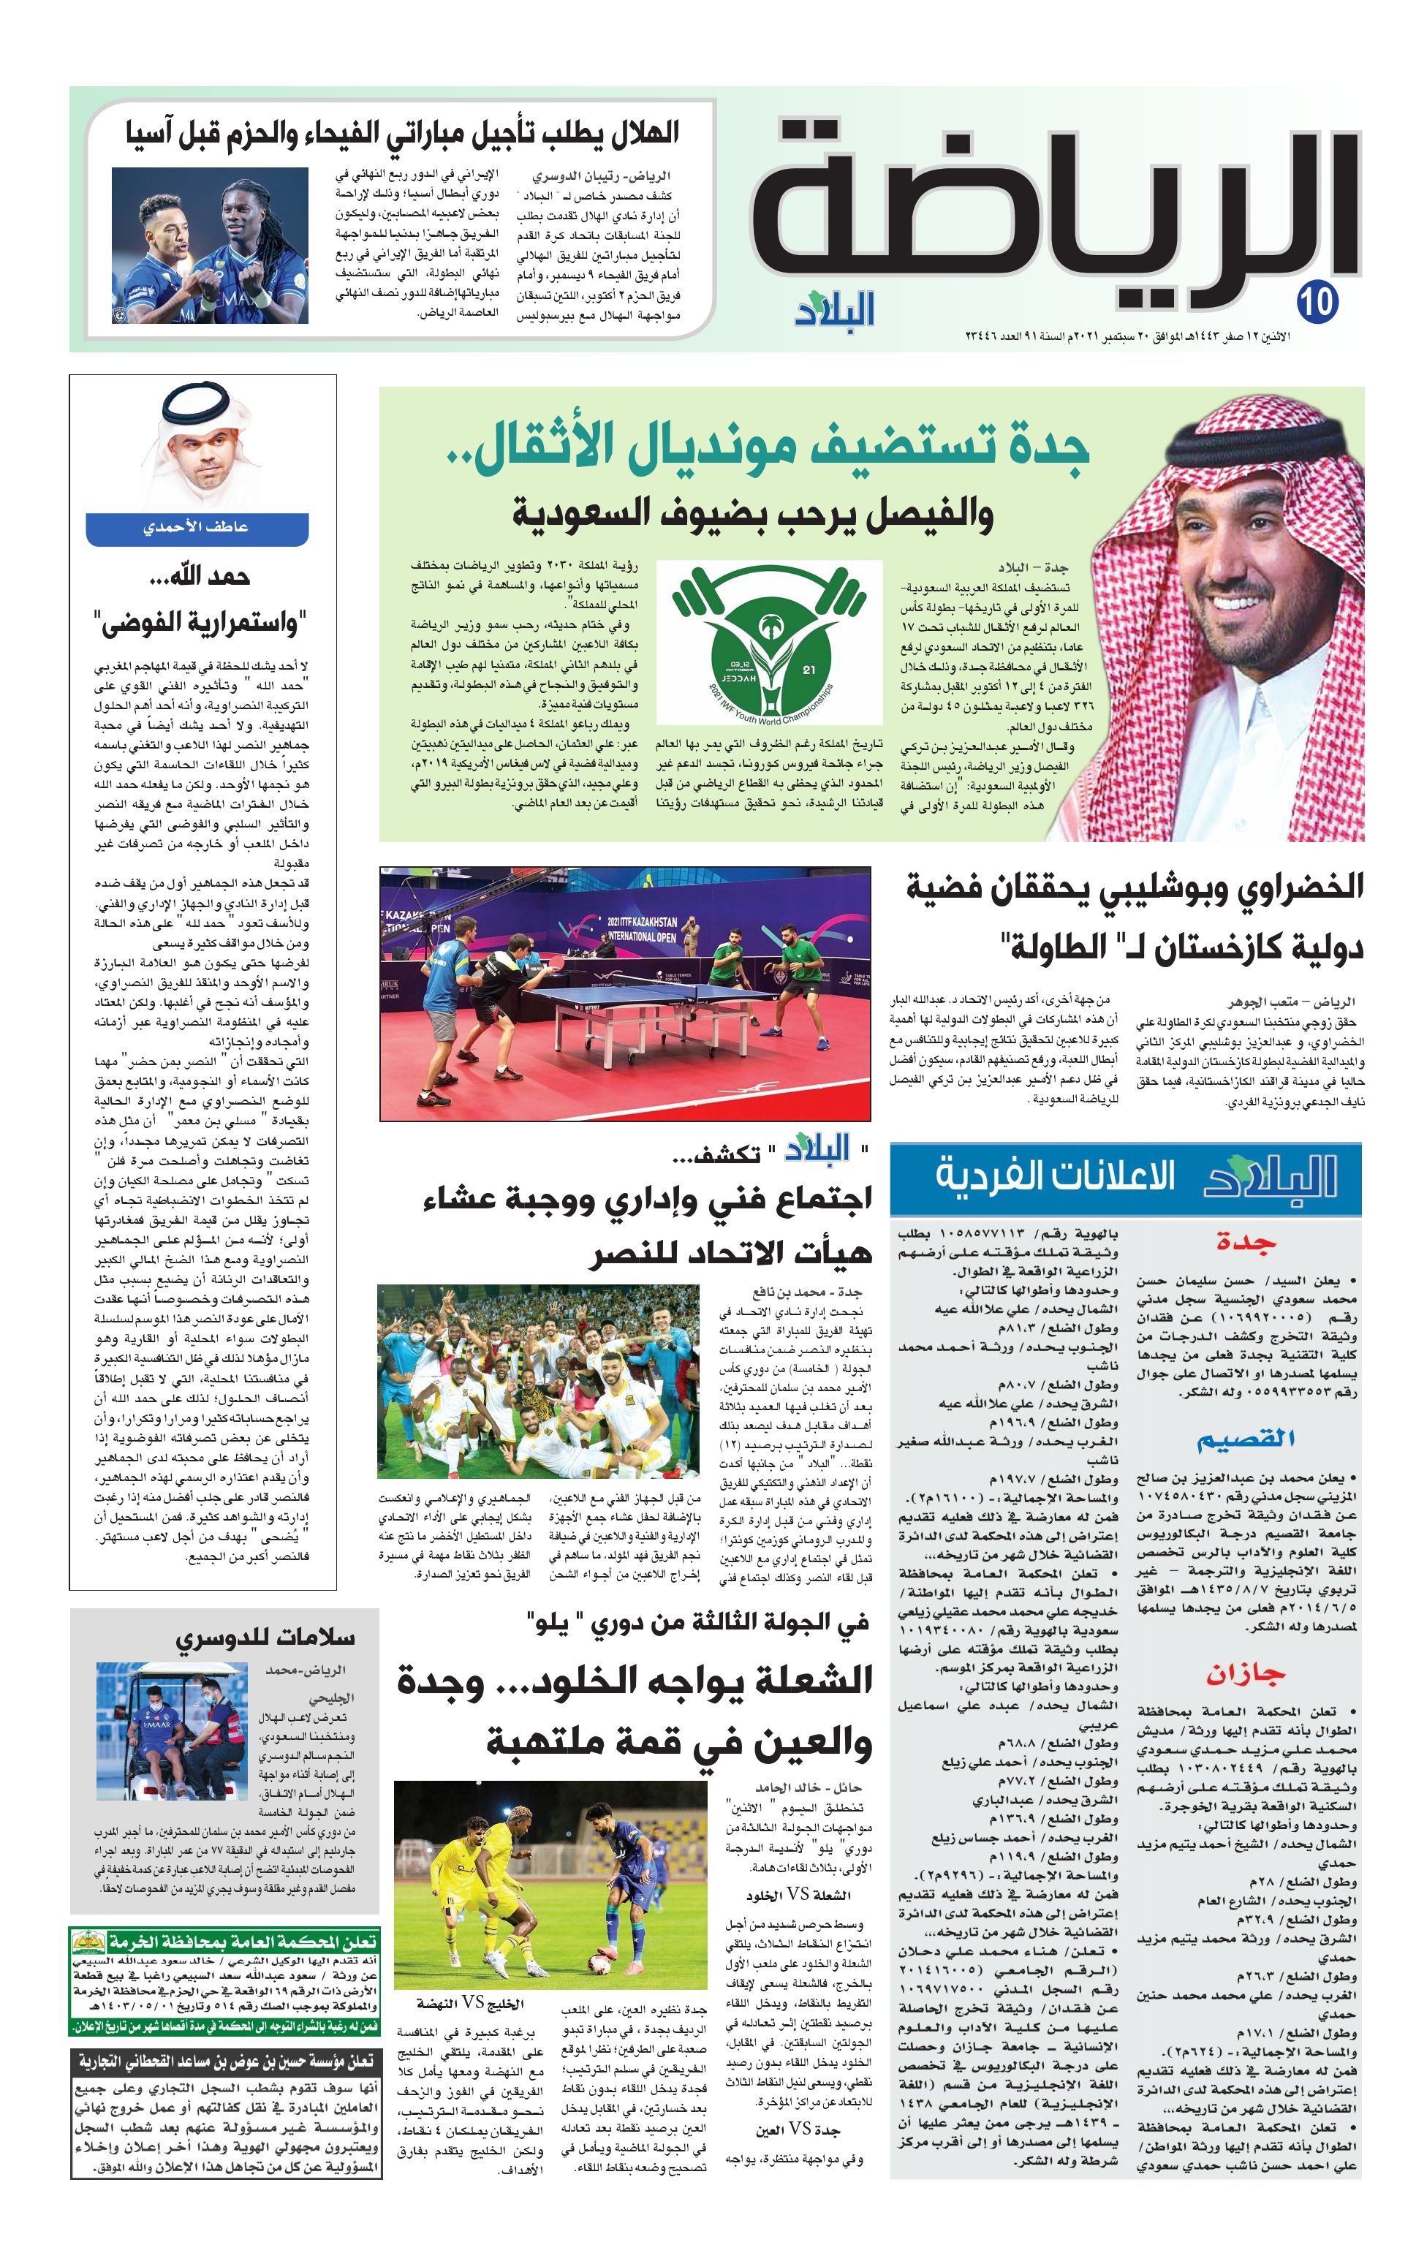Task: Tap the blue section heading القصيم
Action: pyautogui.click(x=1246, y=1439)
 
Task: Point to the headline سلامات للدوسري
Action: pyautogui.click(x=265, y=1639)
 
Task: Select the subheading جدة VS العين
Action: pyautogui.click(x=798, y=2129)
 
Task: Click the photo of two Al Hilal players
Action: pyautogui.click(x=210, y=245)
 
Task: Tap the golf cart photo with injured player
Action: pyautogui.click(x=172, y=1730)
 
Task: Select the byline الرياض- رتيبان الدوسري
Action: pyautogui.click(x=600, y=175)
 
